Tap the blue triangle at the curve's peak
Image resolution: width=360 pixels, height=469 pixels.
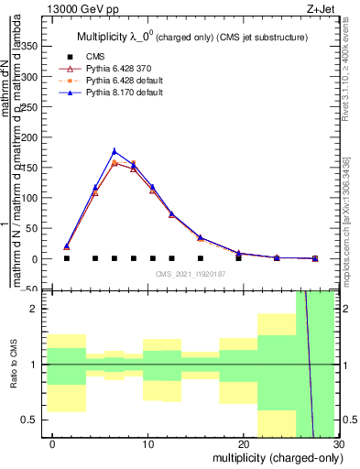[115, 151]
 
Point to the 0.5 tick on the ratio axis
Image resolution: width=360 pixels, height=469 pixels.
[36, 420]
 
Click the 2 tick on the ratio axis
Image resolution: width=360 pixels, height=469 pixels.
[39, 309]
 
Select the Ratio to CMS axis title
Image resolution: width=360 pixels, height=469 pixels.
[13, 365]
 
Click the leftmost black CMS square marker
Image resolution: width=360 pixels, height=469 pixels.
[67, 258]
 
